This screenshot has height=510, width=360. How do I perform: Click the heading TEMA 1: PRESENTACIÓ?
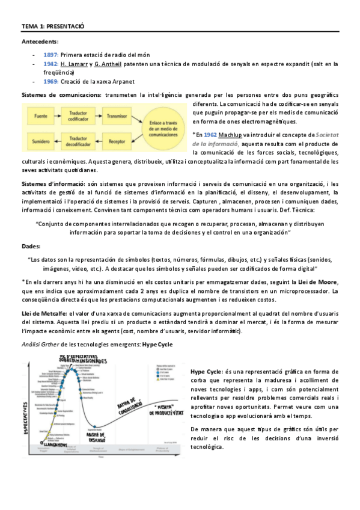coord(53,27)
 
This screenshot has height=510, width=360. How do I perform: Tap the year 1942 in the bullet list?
coord(50,63)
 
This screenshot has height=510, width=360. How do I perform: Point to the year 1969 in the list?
coord(50,81)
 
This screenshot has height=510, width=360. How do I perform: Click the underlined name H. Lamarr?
coord(75,63)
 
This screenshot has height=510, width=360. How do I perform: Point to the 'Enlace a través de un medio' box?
coord(168,127)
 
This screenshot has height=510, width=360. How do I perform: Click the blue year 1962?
coord(210,135)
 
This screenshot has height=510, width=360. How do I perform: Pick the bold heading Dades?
coord(31,247)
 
